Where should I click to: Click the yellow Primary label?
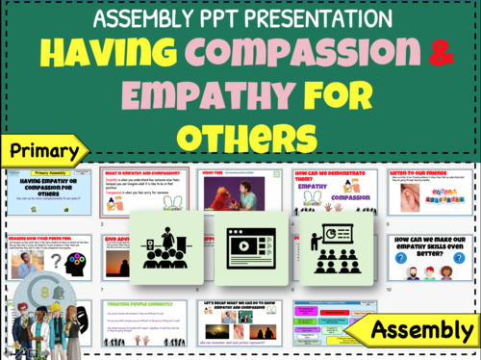[x=43, y=149]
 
